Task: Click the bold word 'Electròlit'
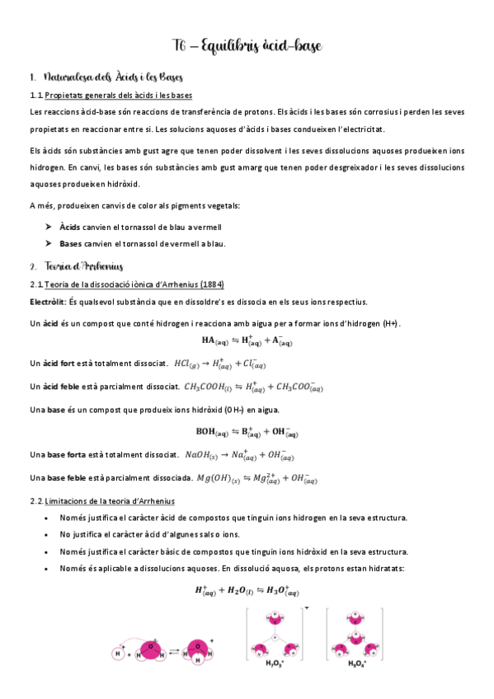coord(47,301)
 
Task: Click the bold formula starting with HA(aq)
coord(247,341)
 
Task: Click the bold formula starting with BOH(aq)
coord(247,431)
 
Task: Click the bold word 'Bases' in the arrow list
coord(72,243)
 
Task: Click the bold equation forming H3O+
coord(247,590)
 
